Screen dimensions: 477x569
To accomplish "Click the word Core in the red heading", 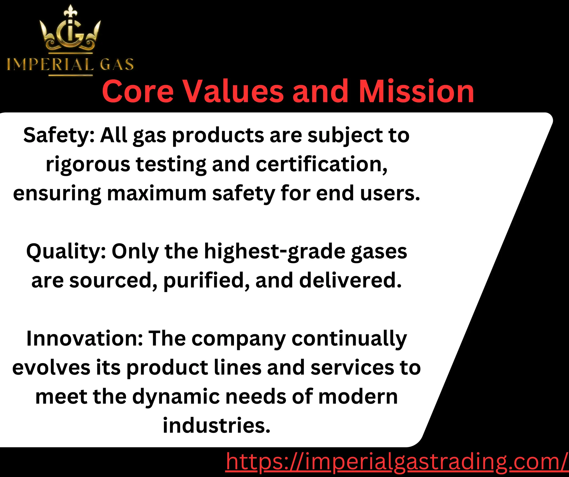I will [138, 91].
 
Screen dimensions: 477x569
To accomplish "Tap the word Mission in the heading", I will [416, 91].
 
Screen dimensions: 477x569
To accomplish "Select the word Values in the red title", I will [234, 91].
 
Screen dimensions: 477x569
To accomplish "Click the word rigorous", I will [88, 164].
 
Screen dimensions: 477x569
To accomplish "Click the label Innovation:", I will [84, 338].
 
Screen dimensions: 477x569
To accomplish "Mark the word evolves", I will [51, 367].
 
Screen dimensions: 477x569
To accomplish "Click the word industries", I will [216, 425].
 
